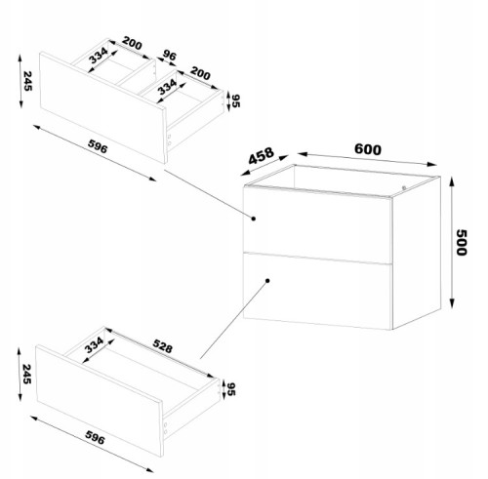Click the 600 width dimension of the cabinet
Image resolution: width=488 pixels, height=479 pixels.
point(368,149)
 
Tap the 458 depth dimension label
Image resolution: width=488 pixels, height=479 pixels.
point(262,156)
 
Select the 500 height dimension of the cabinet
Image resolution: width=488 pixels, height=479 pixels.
point(462,242)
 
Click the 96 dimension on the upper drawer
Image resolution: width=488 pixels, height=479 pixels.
point(170,55)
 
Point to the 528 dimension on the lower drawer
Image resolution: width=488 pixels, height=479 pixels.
point(162,346)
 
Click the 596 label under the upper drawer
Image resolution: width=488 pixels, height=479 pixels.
point(98,146)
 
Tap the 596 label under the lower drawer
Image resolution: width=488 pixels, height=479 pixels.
point(95,437)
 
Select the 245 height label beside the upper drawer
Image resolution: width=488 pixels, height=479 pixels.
point(28,81)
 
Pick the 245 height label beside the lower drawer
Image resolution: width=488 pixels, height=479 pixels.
point(26,374)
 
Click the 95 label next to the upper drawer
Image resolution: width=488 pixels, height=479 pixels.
point(236,100)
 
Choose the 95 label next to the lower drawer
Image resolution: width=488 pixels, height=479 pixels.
point(231,389)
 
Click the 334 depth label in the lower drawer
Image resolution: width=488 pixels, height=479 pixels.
point(94,345)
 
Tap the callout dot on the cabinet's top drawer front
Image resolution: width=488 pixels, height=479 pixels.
point(254,219)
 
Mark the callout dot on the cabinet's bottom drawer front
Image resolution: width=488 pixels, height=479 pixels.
point(267,281)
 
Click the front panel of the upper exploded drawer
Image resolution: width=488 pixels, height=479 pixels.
point(102,107)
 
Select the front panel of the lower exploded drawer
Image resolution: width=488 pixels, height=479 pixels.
point(100,401)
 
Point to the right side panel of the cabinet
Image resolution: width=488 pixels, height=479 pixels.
point(417,253)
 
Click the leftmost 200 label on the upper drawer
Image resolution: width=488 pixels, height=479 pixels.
point(132,43)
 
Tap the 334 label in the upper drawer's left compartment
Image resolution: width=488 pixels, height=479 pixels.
point(98,56)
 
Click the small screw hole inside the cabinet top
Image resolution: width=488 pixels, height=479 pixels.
point(404,187)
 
